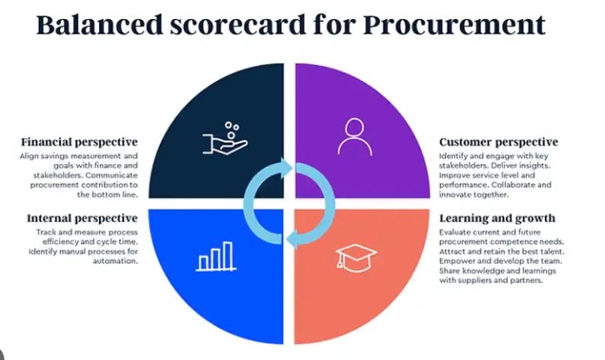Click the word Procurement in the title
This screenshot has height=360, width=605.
click(454, 24)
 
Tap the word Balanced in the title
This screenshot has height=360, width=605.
click(100, 24)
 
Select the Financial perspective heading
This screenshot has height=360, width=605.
click(79, 142)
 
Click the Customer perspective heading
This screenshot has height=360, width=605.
click(498, 142)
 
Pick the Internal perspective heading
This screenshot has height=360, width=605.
click(82, 219)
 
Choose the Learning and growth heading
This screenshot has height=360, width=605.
click(497, 219)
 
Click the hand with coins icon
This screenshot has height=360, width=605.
click(226, 139)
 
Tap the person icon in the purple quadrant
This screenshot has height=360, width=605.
click(355, 137)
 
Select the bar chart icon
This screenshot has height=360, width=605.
click(216, 257)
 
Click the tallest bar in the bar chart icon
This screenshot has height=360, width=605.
click(228, 255)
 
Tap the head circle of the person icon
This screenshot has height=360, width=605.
click(355, 128)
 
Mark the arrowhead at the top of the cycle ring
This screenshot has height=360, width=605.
click(287, 168)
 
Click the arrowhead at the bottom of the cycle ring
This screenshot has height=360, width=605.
click(292, 239)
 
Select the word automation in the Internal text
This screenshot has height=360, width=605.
click(115, 261)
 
